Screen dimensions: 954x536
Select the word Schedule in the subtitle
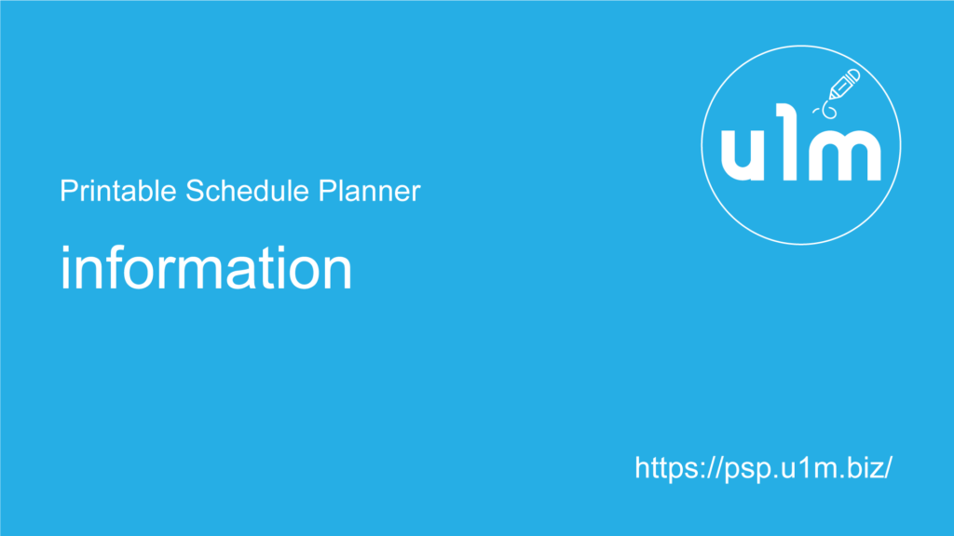(247, 191)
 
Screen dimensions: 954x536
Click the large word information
(206, 268)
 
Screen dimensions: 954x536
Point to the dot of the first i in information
(65, 249)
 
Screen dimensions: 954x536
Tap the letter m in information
(197, 274)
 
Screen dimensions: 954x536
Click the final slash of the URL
(887, 468)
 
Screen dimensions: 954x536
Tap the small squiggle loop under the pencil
(827, 110)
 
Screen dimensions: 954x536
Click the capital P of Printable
(67, 191)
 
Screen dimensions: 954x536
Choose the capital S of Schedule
(195, 191)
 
